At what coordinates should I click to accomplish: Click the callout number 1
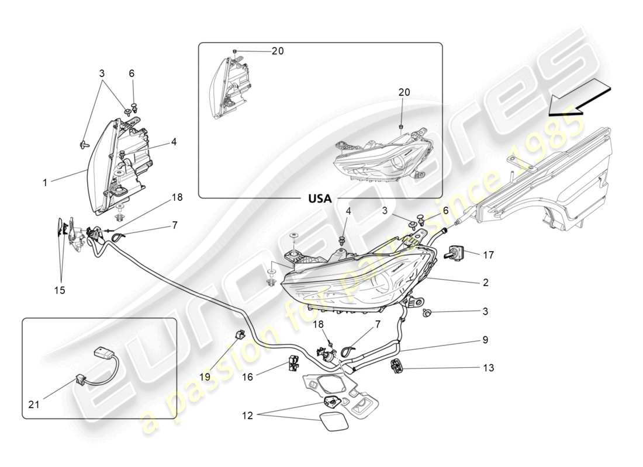click(x=45, y=183)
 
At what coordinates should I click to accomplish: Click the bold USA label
click(x=320, y=198)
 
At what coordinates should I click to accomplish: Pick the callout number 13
click(x=488, y=368)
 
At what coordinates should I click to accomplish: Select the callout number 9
click(x=486, y=339)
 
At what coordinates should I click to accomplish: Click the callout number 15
click(x=60, y=290)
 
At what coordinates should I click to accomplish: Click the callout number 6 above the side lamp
click(x=132, y=74)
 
